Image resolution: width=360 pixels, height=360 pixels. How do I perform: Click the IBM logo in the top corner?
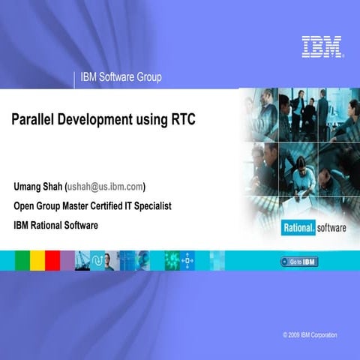(x=322, y=46)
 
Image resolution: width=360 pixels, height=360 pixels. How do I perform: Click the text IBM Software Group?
(x=121, y=76)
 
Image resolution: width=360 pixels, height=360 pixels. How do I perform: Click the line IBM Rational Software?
(x=55, y=225)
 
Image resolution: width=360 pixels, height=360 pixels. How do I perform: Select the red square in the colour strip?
(x=52, y=260)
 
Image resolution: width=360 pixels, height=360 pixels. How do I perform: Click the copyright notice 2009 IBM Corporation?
(x=310, y=334)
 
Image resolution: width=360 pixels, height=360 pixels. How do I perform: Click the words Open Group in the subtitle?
(x=37, y=205)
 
